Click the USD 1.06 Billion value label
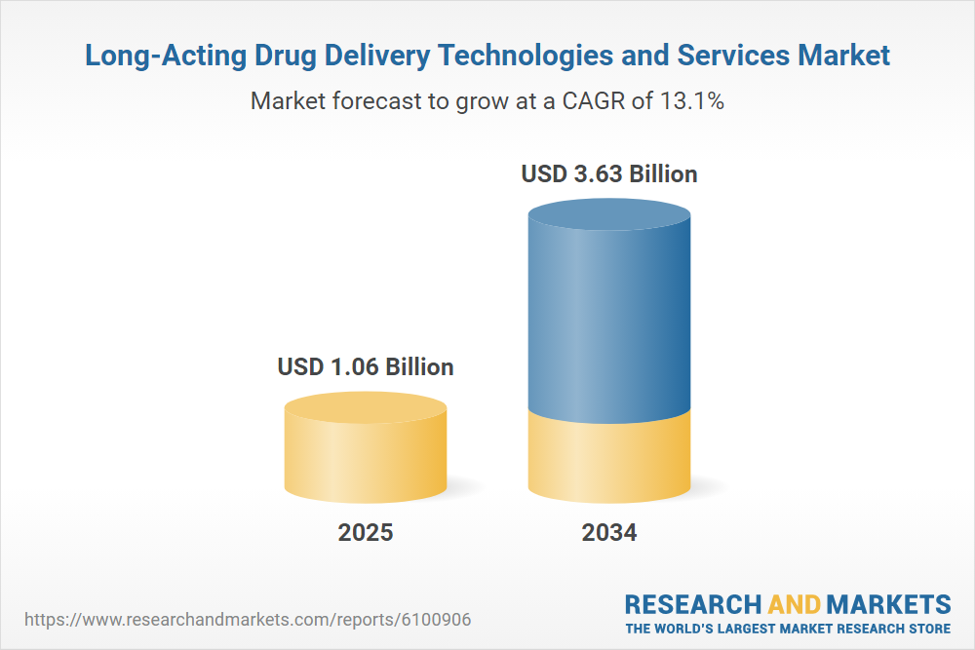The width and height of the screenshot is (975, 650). point(366,367)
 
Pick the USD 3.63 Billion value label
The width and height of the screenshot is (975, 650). point(609,174)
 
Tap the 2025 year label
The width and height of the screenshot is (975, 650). point(366,533)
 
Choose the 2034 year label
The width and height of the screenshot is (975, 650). point(609,533)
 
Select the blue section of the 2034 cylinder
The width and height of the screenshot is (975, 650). point(609,322)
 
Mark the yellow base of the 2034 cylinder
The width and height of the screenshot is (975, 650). point(609,458)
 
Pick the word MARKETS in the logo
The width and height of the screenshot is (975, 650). point(888,603)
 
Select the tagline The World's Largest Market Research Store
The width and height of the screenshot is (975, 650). point(788,628)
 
